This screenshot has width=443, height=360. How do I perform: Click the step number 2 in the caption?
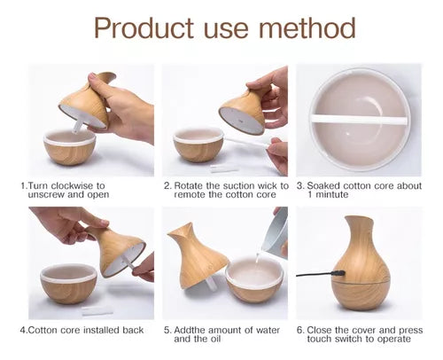[167, 186]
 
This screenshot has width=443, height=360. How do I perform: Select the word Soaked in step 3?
[329, 186]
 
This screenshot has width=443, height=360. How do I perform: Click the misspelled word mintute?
[330, 196]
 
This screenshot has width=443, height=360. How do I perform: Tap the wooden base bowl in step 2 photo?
[198, 145]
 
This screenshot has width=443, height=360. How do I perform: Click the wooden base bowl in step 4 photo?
[69, 286]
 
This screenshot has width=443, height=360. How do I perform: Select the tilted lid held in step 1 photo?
[89, 101]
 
